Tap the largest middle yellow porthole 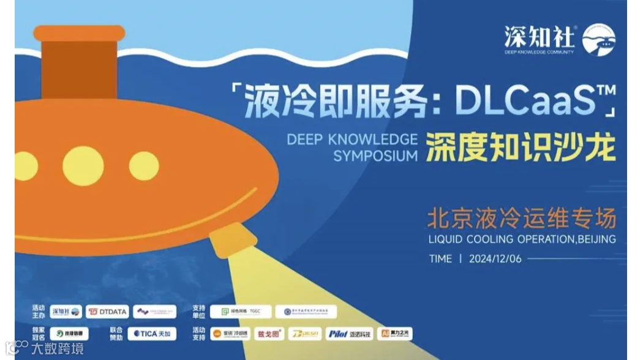coord(83,166)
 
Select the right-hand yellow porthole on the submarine coord(144,166)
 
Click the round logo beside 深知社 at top coord(599,40)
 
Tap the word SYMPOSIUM coord(375,156)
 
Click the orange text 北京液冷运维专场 coord(521,217)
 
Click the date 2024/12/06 coord(495,258)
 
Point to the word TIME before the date coord(440,258)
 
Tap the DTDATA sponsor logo coord(107,312)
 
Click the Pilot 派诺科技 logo coord(349,334)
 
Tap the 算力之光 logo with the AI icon coord(395,334)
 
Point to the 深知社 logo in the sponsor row coord(66,312)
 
